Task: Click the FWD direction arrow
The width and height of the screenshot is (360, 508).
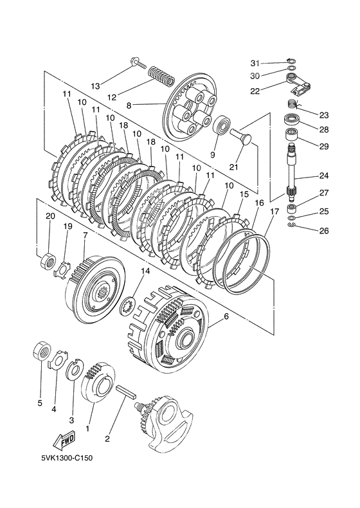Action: [x=64, y=440]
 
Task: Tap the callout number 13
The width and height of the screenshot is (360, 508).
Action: [x=95, y=86]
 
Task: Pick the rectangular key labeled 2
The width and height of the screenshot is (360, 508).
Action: [x=127, y=392]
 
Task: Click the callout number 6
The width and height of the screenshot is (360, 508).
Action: [x=226, y=316]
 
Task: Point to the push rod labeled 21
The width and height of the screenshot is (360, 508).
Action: [x=242, y=135]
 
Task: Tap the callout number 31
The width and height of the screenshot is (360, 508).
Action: [x=255, y=63]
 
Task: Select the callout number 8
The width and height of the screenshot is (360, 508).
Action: [x=129, y=105]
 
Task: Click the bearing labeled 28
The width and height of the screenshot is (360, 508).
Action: [x=293, y=120]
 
